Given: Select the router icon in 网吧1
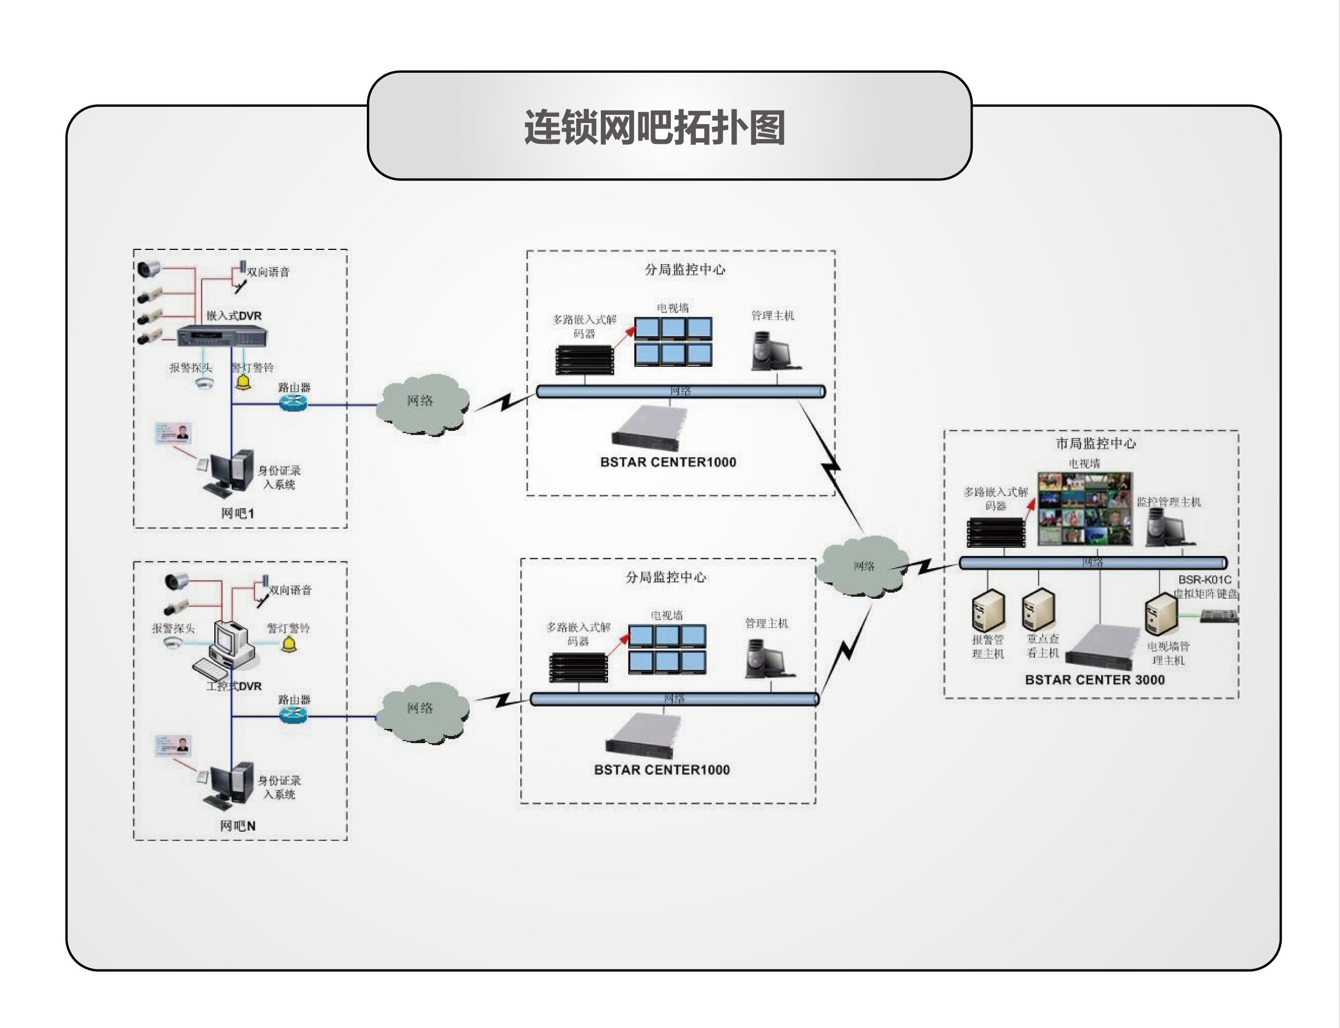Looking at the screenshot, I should point(293,402).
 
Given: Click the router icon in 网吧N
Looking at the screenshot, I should point(293,714).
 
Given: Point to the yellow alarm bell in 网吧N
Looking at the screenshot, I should point(288,644).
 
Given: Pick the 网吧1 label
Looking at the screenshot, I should point(237,513).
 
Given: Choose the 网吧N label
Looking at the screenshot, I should point(238,826).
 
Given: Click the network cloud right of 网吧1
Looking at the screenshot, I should point(422,402).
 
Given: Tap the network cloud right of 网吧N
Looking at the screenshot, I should point(422,710).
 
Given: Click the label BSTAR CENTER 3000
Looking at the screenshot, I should point(1095,680).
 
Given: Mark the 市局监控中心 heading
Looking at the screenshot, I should point(1095,443).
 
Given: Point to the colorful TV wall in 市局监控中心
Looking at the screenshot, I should point(1084,508).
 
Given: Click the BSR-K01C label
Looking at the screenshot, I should point(1205,580).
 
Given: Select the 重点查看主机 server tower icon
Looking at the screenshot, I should point(1038,609).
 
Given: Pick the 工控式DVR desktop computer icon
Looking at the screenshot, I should point(230,649).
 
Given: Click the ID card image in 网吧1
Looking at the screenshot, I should point(173,433).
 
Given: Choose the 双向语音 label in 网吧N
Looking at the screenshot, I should point(291,590).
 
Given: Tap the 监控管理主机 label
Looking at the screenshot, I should point(1169,502).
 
